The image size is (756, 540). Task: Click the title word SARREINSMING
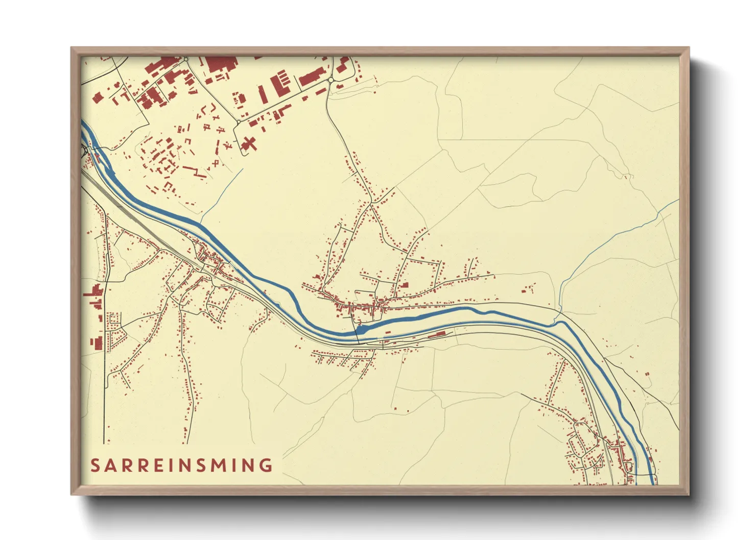[x=181, y=465]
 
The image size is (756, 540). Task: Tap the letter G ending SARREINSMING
[x=266, y=465]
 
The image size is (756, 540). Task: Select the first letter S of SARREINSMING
[x=95, y=465]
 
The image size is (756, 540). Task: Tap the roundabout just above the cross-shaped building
[x=238, y=122]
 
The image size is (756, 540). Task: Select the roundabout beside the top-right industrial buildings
[x=330, y=80]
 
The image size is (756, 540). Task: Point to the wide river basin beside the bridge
[x=362, y=330]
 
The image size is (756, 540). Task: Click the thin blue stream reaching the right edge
[x=639, y=225]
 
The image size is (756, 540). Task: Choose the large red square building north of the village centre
[x=405, y=285]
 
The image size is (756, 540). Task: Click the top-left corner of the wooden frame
[x=72, y=48]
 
